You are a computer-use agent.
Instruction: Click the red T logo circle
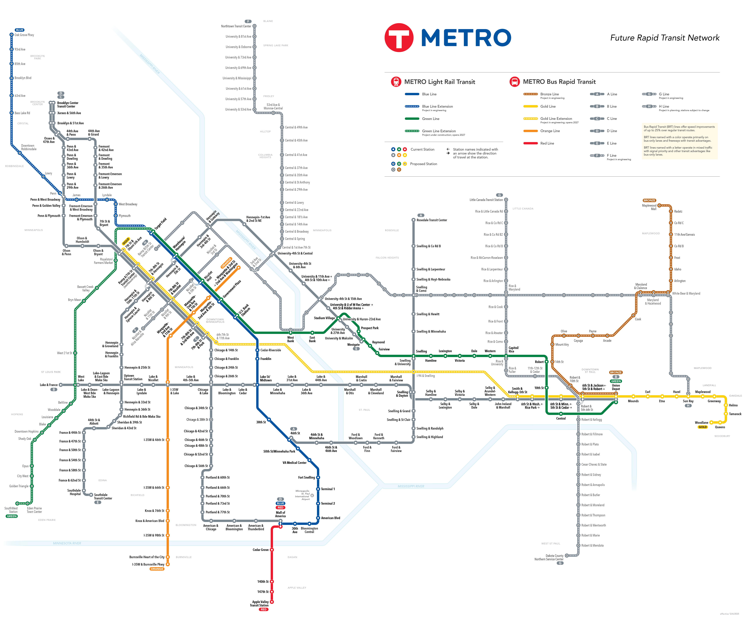(x=399, y=37)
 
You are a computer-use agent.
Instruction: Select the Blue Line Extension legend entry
(x=437, y=106)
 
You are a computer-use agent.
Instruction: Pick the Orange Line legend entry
(x=550, y=131)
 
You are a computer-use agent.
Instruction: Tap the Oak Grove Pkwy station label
(x=24, y=35)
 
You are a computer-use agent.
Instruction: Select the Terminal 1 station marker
(x=318, y=489)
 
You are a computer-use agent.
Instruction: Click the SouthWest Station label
(x=11, y=510)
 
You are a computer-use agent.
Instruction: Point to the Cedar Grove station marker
(x=272, y=550)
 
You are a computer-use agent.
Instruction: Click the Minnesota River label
(x=67, y=543)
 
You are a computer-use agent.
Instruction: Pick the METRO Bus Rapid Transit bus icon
(x=514, y=82)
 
